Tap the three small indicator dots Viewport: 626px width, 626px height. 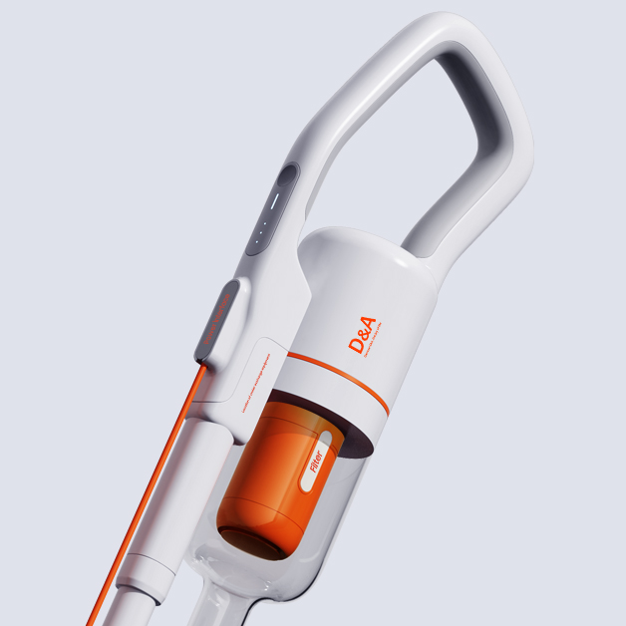point(257,235)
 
